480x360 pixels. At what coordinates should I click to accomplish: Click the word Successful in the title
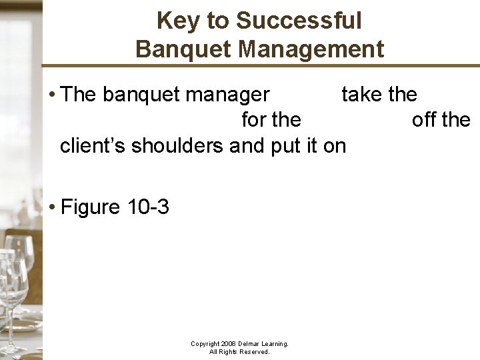[299, 21]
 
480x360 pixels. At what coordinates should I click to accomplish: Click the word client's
[93, 145]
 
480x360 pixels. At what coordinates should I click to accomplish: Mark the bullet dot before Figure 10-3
[51, 207]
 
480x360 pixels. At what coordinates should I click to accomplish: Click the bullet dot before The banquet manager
[51, 95]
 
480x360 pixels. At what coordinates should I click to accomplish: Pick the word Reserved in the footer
[255, 351]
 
